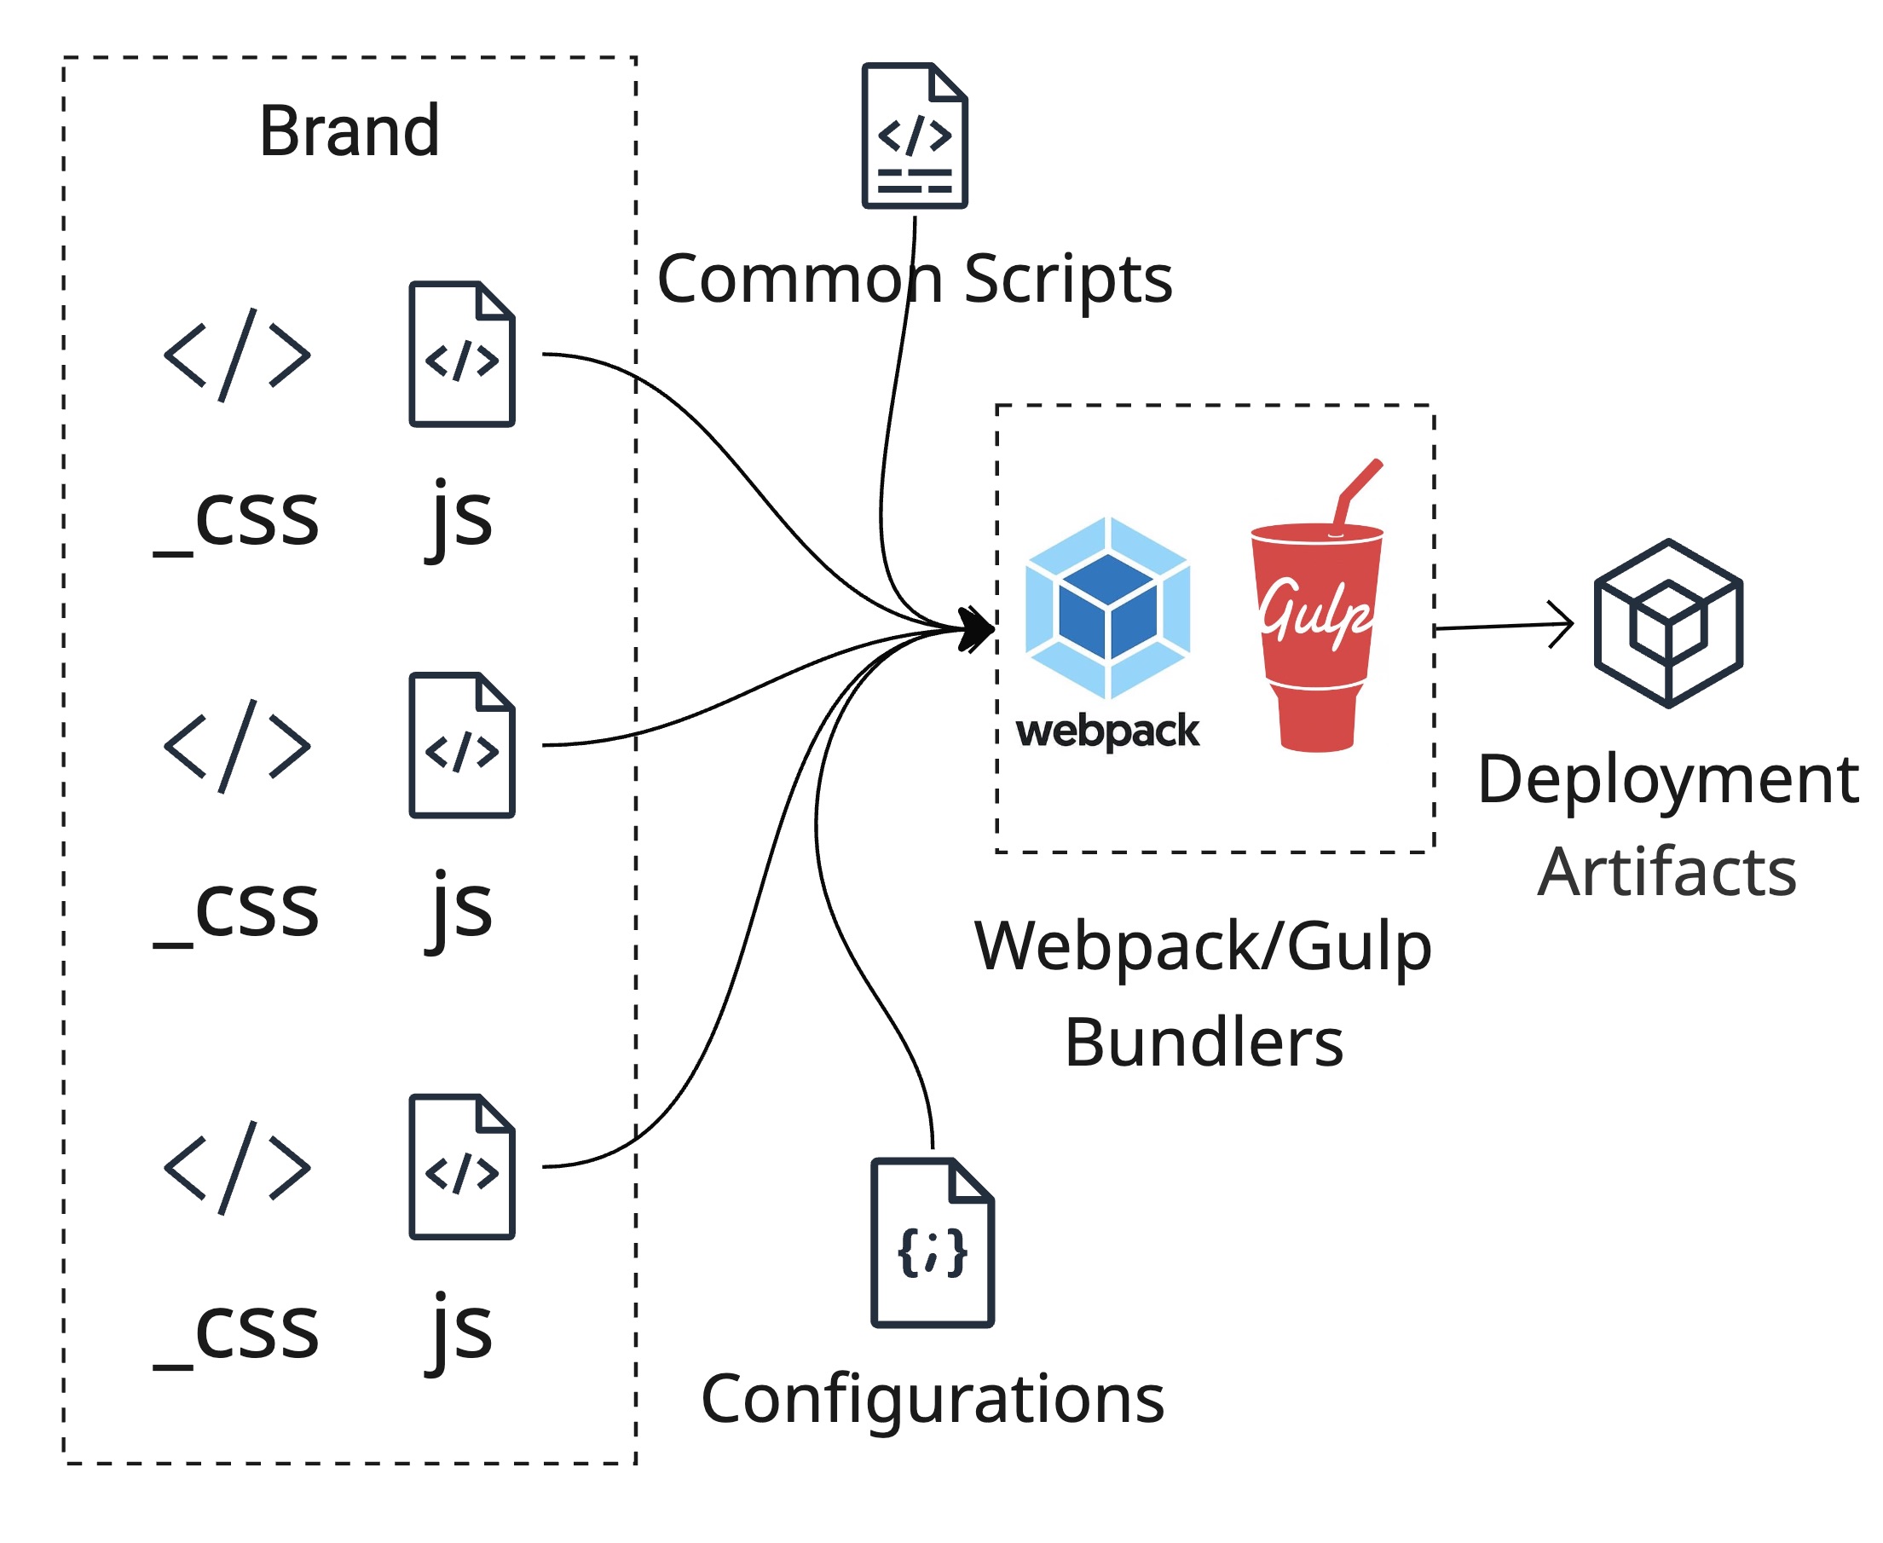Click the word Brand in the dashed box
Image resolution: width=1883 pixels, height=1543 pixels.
coord(349,131)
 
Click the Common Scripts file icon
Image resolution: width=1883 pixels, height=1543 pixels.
coord(915,136)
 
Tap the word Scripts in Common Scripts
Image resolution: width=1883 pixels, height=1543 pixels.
coord(1067,279)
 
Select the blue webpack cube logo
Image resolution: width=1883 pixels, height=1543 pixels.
coord(1107,608)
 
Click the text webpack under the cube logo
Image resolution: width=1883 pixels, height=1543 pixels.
coord(1107,731)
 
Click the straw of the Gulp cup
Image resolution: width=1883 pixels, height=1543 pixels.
coord(1358,489)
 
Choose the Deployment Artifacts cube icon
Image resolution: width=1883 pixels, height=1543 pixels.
coord(1668,623)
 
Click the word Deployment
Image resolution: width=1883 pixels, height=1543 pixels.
coord(1668,780)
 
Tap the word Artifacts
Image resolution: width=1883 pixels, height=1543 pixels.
coord(1667,873)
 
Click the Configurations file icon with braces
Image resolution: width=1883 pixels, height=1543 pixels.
coord(933,1243)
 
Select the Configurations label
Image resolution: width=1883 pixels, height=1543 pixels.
coord(933,1399)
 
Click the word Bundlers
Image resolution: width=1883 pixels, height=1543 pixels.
coord(1204,1043)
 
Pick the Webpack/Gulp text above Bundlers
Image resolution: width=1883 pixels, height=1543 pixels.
coord(1204,946)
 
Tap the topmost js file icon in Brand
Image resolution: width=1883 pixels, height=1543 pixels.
coord(461,355)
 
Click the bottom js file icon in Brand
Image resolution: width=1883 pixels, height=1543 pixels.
coord(461,1167)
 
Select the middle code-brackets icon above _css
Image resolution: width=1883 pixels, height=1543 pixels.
coord(237,746)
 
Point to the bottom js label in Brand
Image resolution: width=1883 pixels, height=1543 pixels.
coord(459,1331)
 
